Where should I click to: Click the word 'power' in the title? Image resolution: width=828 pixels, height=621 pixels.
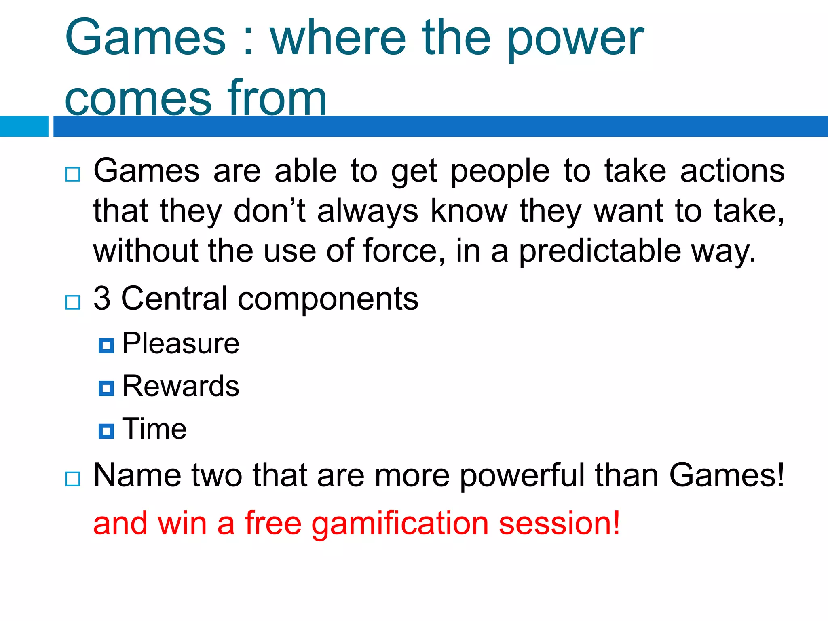tap(575, 39)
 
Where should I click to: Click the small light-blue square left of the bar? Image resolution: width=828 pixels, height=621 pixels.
tap(24, 126)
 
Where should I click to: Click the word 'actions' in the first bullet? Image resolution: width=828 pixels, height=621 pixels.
tap(732, 171)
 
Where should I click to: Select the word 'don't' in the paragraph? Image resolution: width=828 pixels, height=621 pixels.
tap(270, 211)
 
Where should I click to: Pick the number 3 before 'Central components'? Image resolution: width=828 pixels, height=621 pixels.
tap(102, 298)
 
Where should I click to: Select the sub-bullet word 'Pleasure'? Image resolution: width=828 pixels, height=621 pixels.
tap(181, 344)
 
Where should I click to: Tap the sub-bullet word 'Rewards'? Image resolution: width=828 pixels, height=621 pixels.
tap(181, 386)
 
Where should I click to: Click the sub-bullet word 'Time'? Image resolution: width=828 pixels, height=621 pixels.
tap(154, 429)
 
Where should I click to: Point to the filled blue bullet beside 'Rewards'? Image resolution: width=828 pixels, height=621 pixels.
tap(106, 388)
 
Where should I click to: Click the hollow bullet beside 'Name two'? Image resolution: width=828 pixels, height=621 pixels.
tap(73, 479)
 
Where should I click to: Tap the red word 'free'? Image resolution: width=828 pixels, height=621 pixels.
tap(273, 523)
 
